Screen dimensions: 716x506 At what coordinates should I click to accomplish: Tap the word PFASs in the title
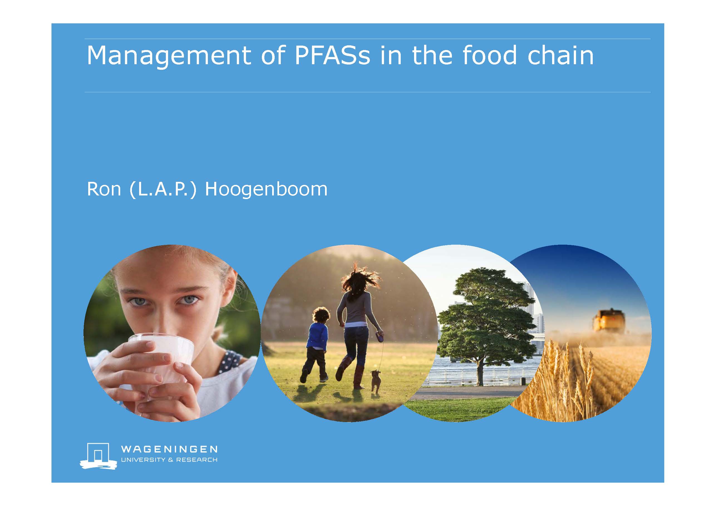[333, 55]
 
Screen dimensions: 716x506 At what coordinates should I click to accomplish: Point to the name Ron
[104, 189]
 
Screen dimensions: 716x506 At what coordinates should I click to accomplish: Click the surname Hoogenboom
[266, 189]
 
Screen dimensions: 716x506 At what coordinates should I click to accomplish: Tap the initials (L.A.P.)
[163, 189]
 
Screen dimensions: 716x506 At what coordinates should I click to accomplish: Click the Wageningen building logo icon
[99, 456]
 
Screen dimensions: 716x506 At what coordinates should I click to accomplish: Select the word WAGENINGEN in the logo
[169, 449]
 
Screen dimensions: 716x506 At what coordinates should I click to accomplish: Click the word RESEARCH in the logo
[197, 460]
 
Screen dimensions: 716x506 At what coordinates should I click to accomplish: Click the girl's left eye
[189, 300]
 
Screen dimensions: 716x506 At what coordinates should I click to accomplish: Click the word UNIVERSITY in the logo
[143, 460]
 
